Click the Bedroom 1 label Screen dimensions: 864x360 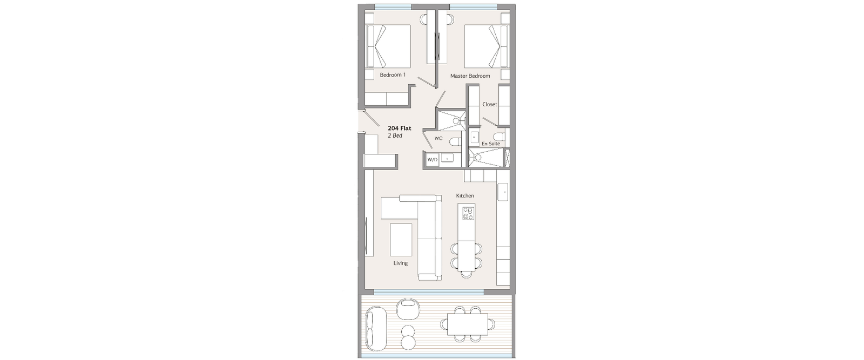393,75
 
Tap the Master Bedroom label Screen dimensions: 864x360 470,76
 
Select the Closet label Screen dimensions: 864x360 489,105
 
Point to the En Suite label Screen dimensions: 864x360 491,144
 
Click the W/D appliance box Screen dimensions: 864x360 433,160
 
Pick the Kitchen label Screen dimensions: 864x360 465,196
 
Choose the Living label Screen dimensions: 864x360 400,263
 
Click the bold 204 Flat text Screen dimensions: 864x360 400,128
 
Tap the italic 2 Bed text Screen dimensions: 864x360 395,135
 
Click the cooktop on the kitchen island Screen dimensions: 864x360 468,213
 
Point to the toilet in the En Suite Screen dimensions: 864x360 500,137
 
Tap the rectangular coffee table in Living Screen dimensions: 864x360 401,240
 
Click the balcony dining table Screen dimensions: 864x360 468,324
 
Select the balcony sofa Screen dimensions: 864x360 375,326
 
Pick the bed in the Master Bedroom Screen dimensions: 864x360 487,46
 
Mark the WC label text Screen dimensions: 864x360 438,138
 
